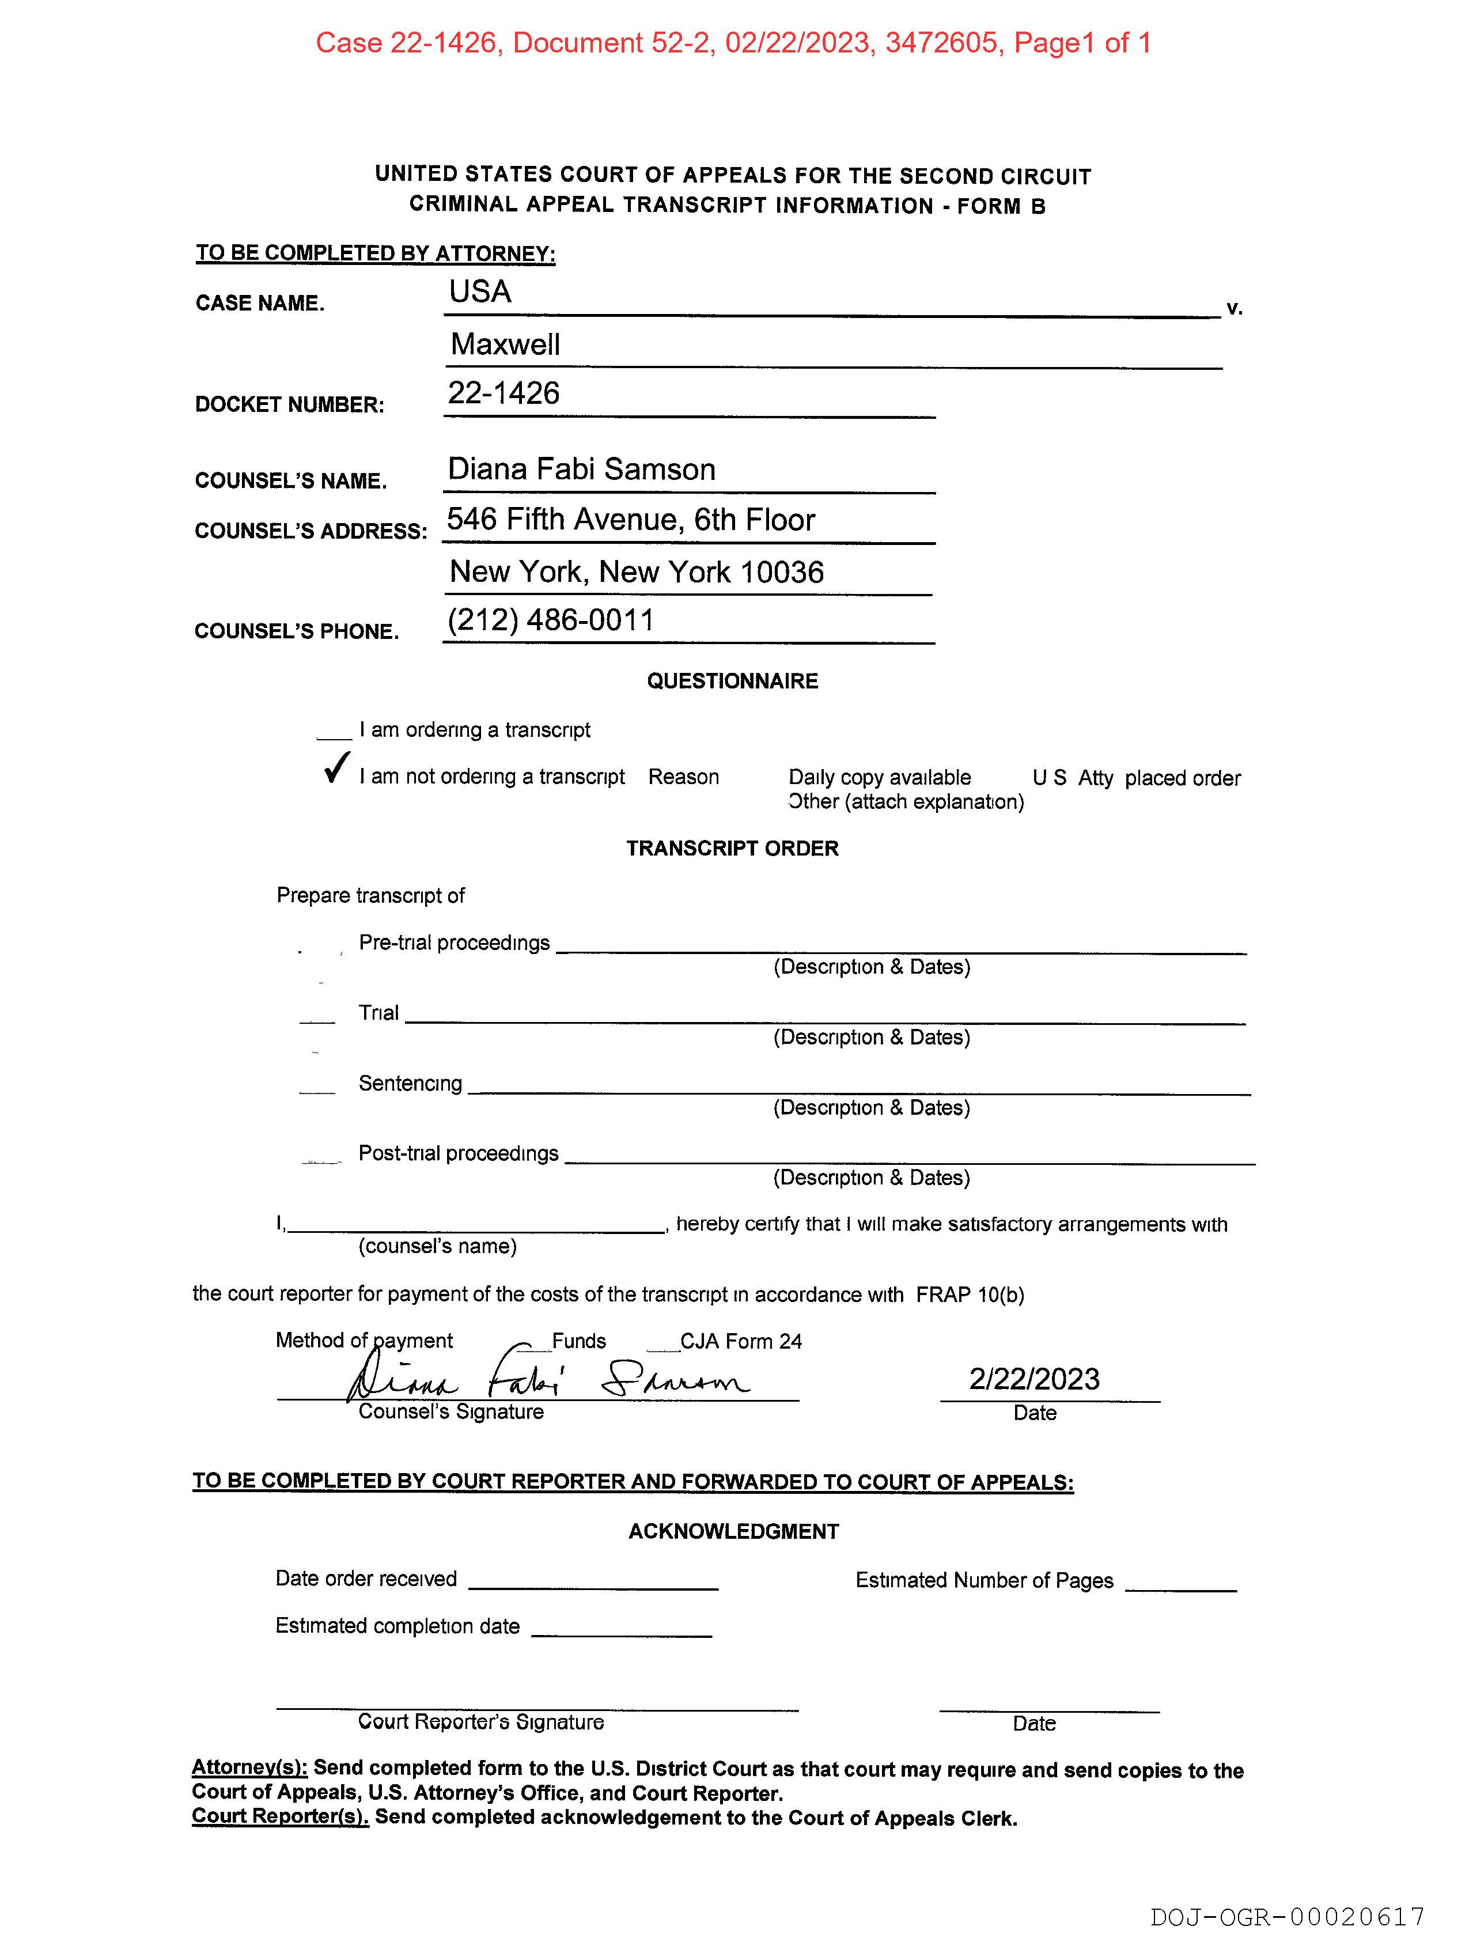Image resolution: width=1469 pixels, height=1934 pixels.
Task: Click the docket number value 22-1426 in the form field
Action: coord(503,393)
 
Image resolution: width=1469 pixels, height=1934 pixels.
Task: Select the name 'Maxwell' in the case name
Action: coord(505,345)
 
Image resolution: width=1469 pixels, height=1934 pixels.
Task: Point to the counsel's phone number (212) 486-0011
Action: coord(551,620)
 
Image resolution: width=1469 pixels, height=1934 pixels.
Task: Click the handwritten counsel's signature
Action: coord(547,1380)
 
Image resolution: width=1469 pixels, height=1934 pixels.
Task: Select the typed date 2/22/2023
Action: coord(1035,1379)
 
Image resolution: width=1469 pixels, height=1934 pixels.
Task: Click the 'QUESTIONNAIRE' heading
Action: coord(733,681)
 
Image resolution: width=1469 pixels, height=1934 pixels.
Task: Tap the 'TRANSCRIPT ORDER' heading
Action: coord(733,848)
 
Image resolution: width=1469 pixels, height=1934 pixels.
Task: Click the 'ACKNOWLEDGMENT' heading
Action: coord(733,1531)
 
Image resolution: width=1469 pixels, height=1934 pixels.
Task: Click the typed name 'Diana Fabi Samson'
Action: coord(581,470)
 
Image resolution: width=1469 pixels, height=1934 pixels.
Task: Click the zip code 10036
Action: coord(782,572)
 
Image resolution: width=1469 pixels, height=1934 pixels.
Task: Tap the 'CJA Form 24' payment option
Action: coord(741,1341)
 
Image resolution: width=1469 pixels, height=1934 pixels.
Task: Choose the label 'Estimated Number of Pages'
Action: coord(985,1580)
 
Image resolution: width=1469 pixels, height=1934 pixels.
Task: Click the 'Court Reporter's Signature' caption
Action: coord(481,1721)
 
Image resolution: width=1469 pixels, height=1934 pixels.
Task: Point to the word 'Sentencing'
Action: coord(410,1083)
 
